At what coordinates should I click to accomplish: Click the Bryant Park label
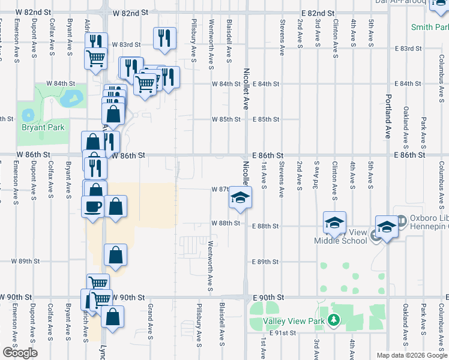pyautogui.click(x=43, y=127)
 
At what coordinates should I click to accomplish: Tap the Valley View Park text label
pyautogui.click(x=294, y=321)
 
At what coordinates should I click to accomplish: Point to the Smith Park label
pyautogui.click(x=430, y=27)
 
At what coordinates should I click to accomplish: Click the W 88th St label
pyautogui.click(x=226, y=223)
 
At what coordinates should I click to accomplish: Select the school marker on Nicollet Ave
pyautogui.click(x=240, y=197)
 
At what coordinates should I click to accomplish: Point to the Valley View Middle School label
pyautogui.click(x=340, y=236)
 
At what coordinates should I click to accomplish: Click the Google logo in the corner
pyautogui.click(x=20, y=353)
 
